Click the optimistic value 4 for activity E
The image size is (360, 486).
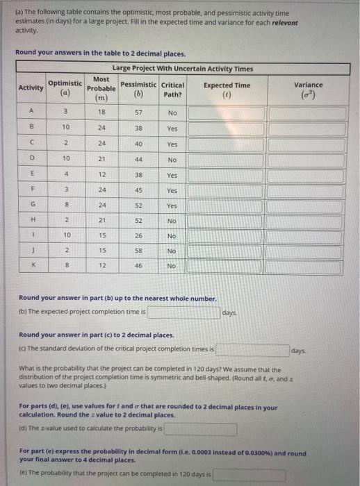[65, 174]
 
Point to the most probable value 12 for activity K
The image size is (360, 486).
[101, 266]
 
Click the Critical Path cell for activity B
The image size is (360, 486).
[172, 128]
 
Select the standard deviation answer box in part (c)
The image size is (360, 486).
[252, 349]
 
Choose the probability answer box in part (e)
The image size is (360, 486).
[249, 475]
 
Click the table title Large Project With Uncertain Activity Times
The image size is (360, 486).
[183, 68]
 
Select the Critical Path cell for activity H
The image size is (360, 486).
[172, 220]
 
